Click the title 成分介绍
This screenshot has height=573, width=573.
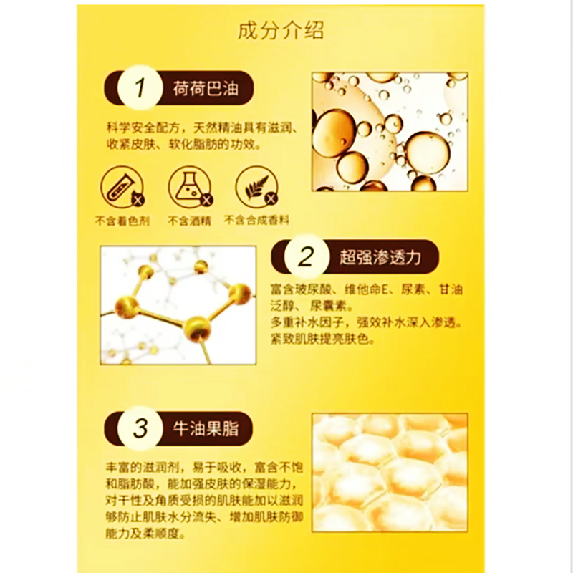281,30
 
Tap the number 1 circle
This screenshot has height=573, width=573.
140,87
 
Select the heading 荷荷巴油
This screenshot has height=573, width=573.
206,88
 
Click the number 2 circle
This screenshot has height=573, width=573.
307,256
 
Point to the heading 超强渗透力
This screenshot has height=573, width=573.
380,257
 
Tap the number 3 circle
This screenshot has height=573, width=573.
140,428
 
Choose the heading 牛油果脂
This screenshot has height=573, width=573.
206,428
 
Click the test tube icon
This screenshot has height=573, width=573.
122,187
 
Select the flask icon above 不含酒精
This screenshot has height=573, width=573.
190,187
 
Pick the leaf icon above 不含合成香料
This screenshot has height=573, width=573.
257,187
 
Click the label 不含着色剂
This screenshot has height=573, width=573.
122,221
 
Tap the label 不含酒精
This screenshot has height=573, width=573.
189,221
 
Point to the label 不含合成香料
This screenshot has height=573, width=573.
256,221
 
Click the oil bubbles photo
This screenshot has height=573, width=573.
390,132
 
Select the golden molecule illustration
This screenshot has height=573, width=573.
178,305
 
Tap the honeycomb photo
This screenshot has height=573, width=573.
390,473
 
